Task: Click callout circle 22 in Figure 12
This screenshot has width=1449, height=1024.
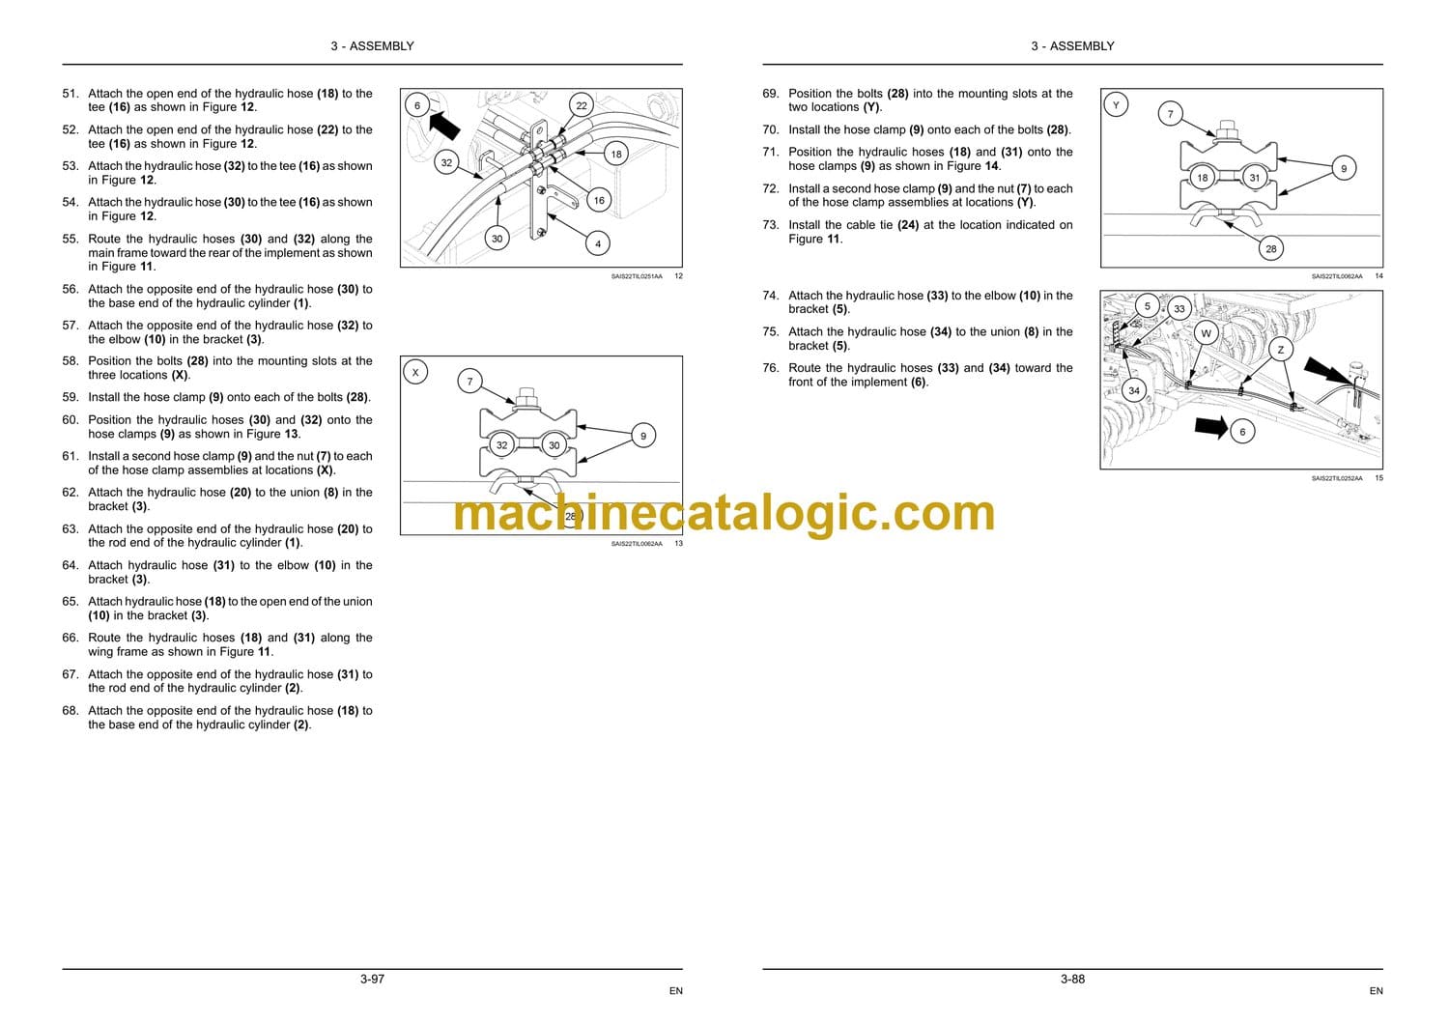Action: pyautogui.click(x=581, y=105)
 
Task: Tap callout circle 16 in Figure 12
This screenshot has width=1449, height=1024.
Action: pyautogui.click(x=598, y=201)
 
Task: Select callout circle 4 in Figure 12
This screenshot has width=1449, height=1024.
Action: pyautogui.click(x=597, y=243)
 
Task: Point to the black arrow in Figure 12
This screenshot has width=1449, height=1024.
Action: pyautogui.click(x=444, y=125)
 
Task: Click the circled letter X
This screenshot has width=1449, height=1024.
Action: pyautogui.click(x=415, y=373)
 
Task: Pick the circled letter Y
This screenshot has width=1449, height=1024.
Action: pyautogui.click(x=1116, y=105)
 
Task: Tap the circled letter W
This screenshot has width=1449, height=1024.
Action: pyautogui.click(x=1206, y=334)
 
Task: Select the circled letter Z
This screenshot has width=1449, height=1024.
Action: pyautogui.click(x=1280, y=350)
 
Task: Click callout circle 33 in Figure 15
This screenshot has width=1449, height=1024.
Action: pyautogui.click(x=1179, y=309)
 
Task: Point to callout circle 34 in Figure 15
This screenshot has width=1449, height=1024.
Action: pyautogui.click(x=1133, y=390)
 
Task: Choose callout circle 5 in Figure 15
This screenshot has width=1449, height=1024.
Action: pyautogui.click(x=1148, y=306)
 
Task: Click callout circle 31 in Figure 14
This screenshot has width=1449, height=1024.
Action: pyautogui.click(x=1254, y=178)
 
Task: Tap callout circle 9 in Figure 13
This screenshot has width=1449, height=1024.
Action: pyautogui.click(x=643, y=436)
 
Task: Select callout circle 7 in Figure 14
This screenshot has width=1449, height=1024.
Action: pyautogui.click(x=1170, y=115)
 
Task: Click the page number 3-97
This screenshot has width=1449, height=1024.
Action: pyautogui.click(x=373, y=980)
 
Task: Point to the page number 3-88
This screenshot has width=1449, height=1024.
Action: pyautogui.click(x=1072, y=980)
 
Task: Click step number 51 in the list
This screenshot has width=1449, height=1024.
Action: pyautogui.click(x=70, y=94)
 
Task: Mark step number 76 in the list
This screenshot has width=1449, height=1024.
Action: pyautogui.click(x=771, y=368)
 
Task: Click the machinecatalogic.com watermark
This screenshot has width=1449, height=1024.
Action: pyautogui.click(x=724, y=514)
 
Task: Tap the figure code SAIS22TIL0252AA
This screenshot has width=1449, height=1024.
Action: pyautogui.click(x=1336, y=479)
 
